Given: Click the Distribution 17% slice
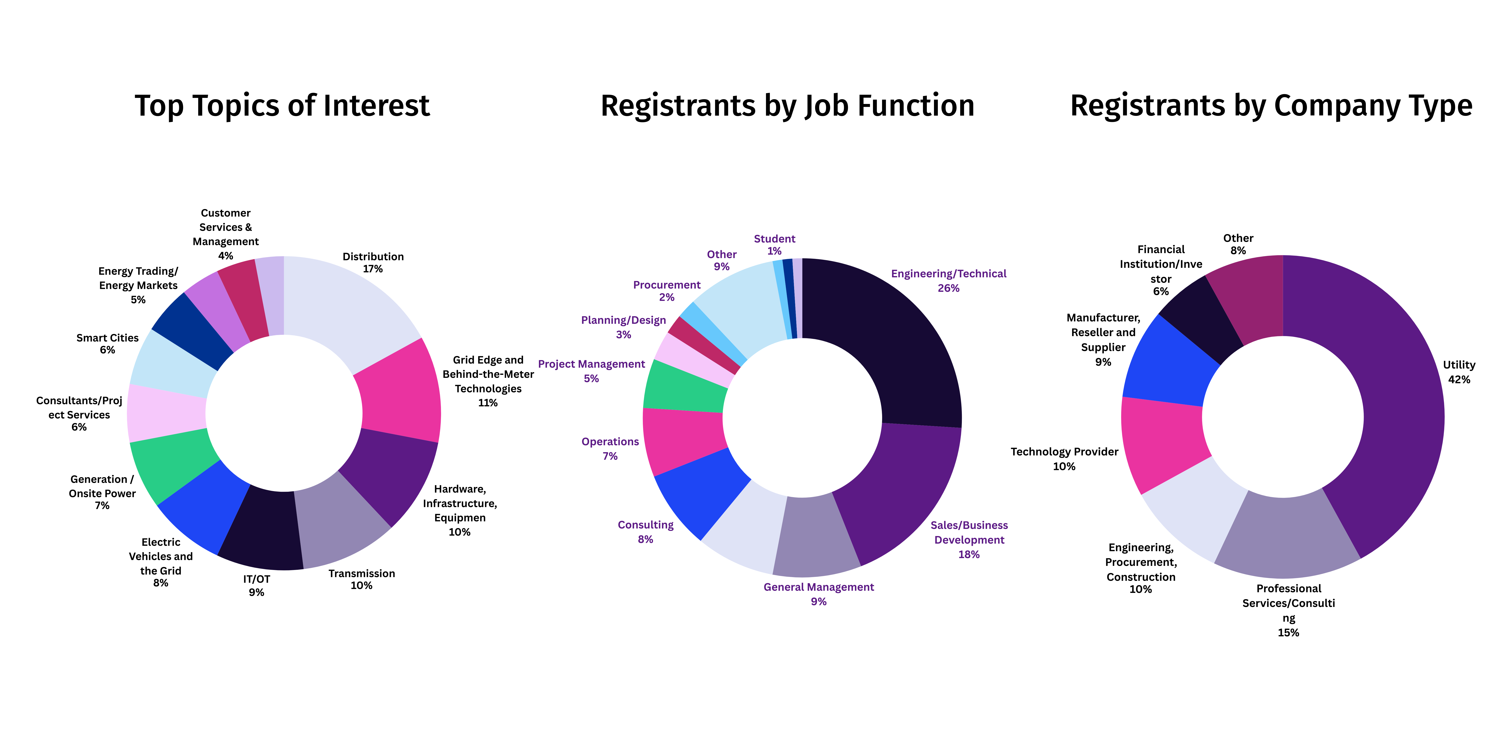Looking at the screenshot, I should pyautogui.click(x=348, y=307).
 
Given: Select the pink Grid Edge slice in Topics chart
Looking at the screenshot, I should pyautogui.click(x=400, y=394).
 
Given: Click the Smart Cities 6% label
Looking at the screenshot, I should pyautogui.click(x=107, y=343).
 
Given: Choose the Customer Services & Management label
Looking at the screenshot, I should pyautogui.click(x=226, y=234).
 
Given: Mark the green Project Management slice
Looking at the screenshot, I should pyautogui.click(x=684, y=386).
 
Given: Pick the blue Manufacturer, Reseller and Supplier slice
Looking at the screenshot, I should pyautogui.click(x=1169, y=362).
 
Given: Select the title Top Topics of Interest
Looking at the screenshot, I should pyautogui.click(x=283, y=106).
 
